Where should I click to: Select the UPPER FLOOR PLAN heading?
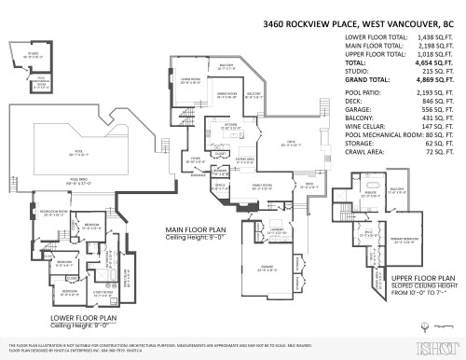click(x=423, y=277)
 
